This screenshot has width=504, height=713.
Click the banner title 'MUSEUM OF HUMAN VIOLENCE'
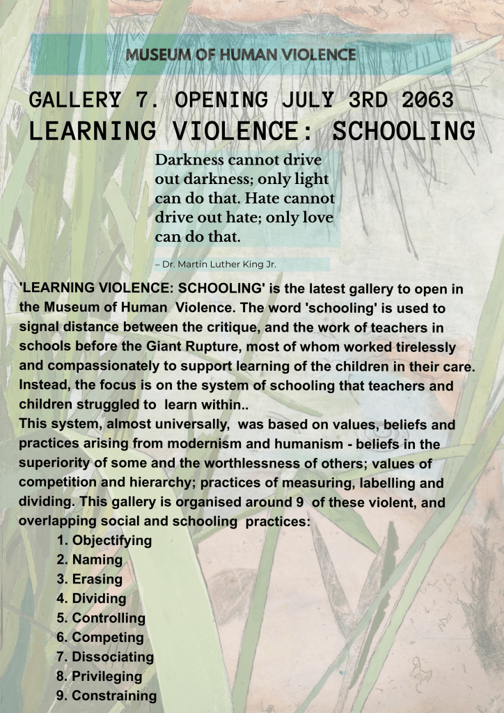[x=242, y=55]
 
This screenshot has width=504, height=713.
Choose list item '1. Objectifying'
[x=104, y=540]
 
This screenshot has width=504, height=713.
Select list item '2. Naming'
[x=90, y=560]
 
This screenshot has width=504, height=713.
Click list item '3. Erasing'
[x=90, y=579]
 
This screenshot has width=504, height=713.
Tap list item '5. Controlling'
[x=101, y=618]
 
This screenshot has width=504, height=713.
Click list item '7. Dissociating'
[x=105, y=657]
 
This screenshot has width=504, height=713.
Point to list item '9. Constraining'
[x=107, y=696]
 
